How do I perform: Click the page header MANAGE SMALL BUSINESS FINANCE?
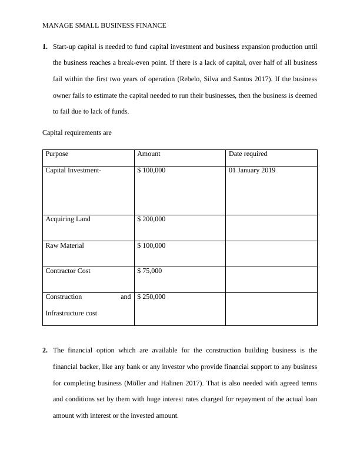(104, 25)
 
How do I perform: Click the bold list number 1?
(45, 46)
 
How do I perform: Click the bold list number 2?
(45, 351)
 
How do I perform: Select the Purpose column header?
(56, 154)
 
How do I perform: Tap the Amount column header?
(148, 154)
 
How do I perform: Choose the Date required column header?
(248, 154)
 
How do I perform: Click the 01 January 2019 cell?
(252, 171)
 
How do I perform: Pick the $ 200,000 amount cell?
(151, 219)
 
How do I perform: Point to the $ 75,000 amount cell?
(149, 271)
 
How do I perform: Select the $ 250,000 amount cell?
(151, 297)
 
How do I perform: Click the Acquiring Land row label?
(68, 219)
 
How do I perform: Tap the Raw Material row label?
(64, 245)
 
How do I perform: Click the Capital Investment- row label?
(74, 171)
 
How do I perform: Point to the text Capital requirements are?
(76, 133)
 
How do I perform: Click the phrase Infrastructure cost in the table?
(71, 314)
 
